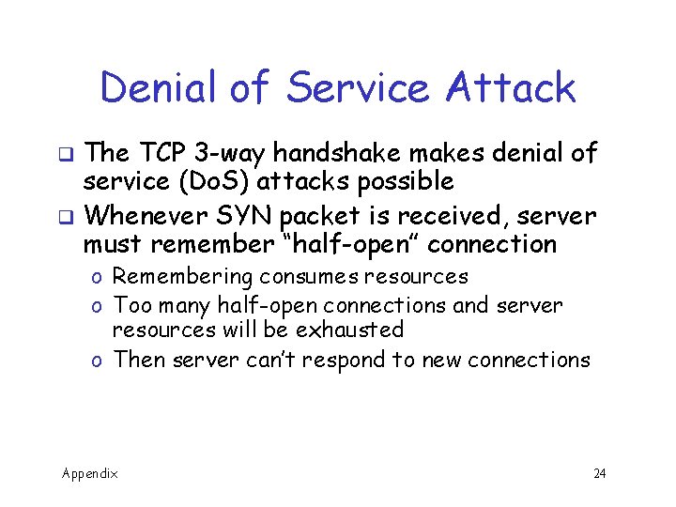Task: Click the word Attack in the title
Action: point(511,87)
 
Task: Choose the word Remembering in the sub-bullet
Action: point(183,277)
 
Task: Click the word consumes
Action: point(304,277)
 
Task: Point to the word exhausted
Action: point(349,330)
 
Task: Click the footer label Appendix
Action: point(90,473)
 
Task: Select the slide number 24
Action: point(599,473)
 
